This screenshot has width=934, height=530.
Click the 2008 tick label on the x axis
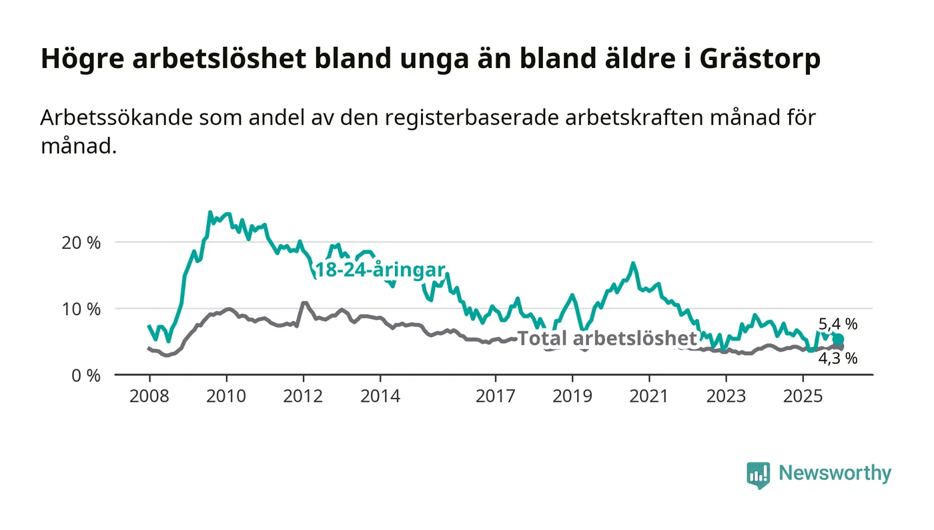[149, 396]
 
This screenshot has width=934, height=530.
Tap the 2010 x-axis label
[226, 396]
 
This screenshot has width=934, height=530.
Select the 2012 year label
[304, 396]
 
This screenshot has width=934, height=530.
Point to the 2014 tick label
[380, 396]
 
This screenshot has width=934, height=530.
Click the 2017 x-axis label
[496, 396]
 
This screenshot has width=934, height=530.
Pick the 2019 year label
[572, 396]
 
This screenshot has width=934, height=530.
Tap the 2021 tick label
[650, 396]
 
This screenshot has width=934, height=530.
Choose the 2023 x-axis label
[727, 396]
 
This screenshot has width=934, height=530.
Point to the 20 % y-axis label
[81, 242]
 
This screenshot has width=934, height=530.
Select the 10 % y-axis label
[81, 309]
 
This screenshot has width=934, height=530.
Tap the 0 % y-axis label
[86, 376]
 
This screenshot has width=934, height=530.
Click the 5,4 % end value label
[838, 325]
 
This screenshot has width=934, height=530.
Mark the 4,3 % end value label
[838, 358]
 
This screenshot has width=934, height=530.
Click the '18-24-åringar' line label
[380, 270]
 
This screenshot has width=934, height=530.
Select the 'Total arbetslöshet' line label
[607, 338]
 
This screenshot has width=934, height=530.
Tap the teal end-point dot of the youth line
[839, 340]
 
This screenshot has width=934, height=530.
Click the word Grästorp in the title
[761, 59]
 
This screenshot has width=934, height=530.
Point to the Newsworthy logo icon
[758, 475]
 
